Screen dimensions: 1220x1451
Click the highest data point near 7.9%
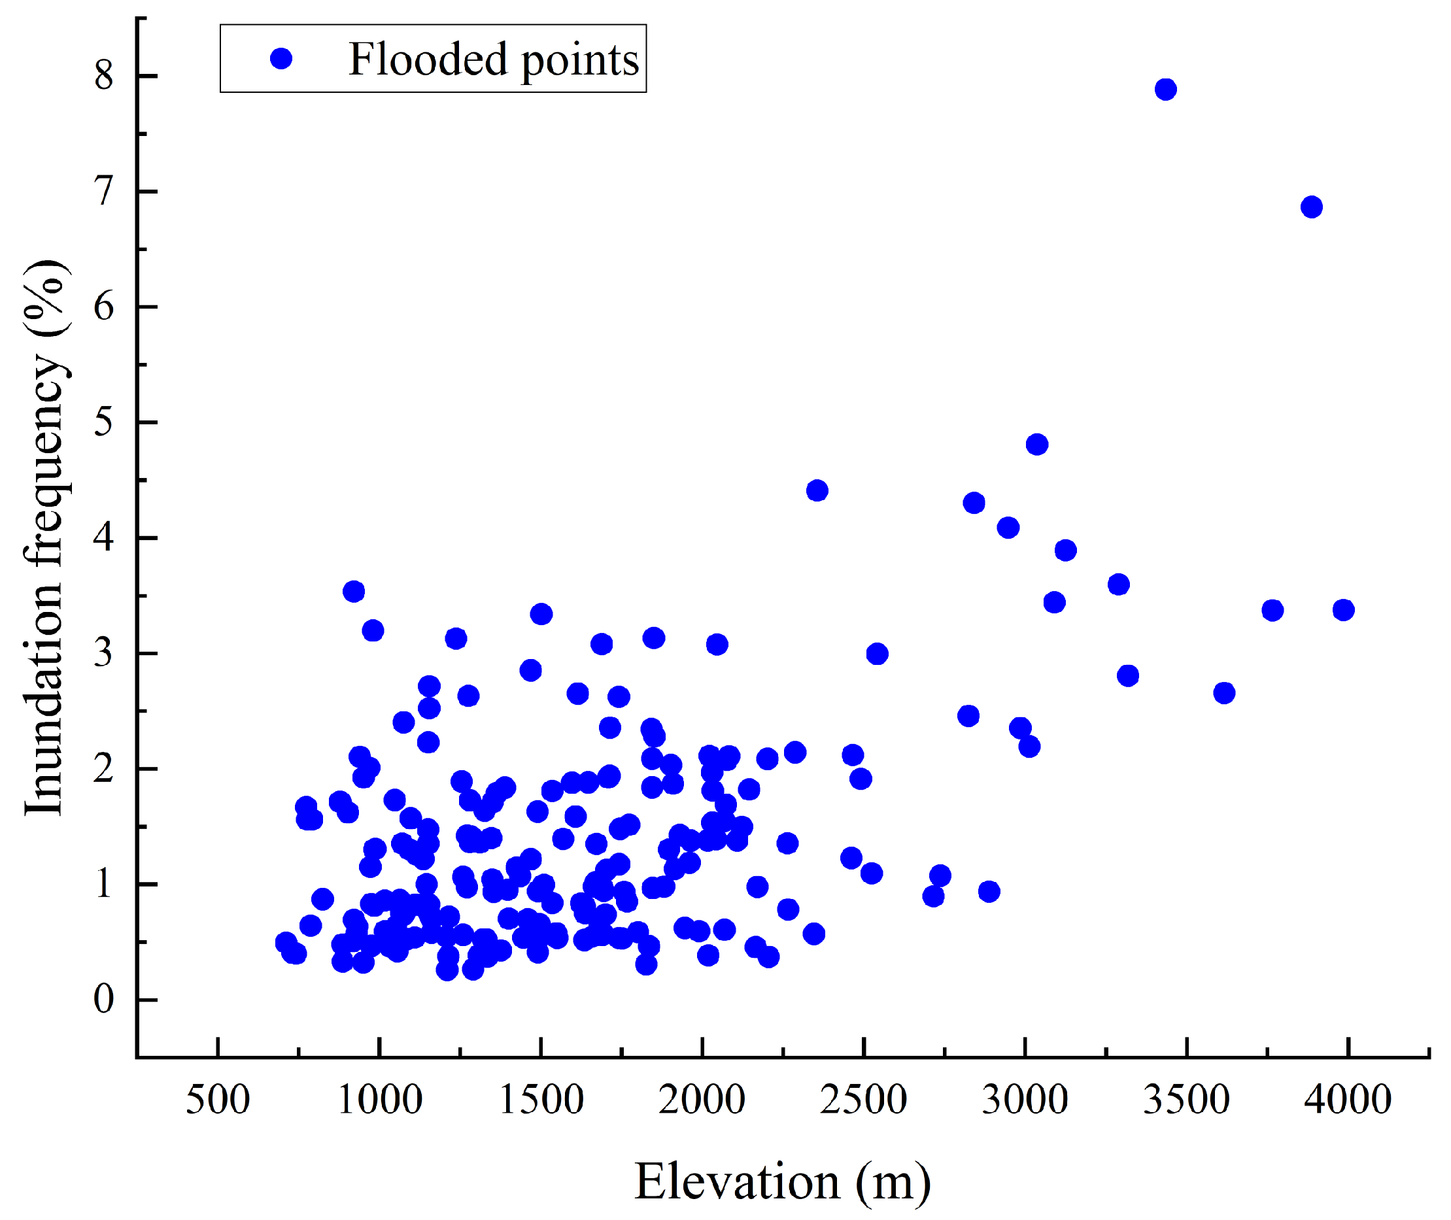1165,89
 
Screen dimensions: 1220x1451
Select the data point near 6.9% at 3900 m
1311,207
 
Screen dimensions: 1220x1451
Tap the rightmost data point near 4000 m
1343,610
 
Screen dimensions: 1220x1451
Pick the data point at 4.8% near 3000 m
1036,444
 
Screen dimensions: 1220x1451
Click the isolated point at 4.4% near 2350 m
817,490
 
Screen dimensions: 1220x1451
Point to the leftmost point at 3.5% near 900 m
353,591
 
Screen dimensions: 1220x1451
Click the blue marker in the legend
281,59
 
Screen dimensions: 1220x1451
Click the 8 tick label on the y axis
104,75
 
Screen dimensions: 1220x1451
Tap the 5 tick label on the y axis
104,422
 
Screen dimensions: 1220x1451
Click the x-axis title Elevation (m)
782,1181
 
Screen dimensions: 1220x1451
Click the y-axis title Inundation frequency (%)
45,537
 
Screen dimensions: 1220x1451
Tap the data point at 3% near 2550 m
877,654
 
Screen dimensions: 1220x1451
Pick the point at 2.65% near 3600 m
1224,693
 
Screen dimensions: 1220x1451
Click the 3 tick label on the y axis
104,653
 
